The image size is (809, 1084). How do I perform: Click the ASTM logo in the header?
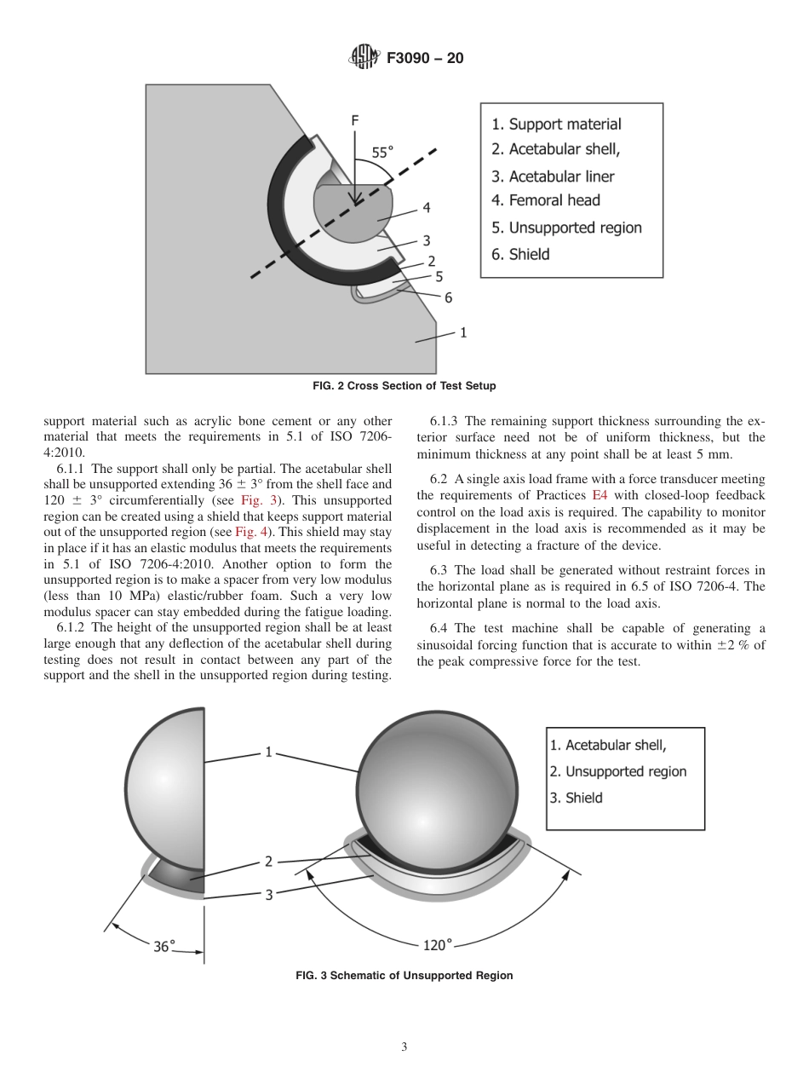pyautogui.click(x=364, y=59)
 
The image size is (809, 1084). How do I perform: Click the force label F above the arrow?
pyautogui.click(x=355, y=121)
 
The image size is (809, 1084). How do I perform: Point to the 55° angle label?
pyautogui.click(x=382, y=153)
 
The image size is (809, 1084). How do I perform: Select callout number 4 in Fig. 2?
pyautogui.click(x=426, y=207)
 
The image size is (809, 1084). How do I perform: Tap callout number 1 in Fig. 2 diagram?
pyautogui.click(x=463, y=332)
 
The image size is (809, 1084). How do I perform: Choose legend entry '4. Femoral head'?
pyautogui.click(x=546, y=200)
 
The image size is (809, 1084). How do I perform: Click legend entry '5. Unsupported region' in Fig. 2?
pyautogui.click(x=566, y=228)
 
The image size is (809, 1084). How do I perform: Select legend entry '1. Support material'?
pyautogui.click(x=556, y=124)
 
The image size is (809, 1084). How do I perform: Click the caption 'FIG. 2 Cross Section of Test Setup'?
pyautogui.click(x=404, y=386)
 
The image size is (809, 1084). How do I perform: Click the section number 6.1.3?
pyautogui.click(x=446, y=421)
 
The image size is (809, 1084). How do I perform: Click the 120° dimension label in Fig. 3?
pyautogui.click(x=438, y=944)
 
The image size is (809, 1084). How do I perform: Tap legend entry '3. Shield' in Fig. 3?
pyautogui.click(x=575, y=798)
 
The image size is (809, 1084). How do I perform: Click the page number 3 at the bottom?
pyautogui.click(x=404, y=1047)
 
